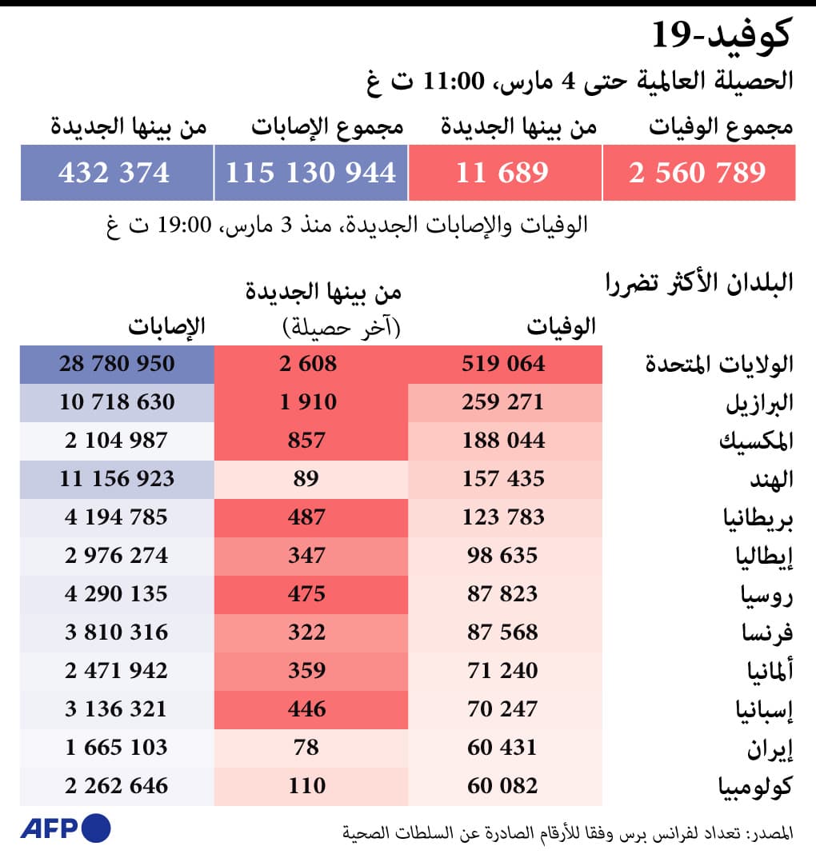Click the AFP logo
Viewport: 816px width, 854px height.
click(65, 828)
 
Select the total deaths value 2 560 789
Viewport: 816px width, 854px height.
click(698, 173)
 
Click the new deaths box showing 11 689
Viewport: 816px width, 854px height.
click(503, 173)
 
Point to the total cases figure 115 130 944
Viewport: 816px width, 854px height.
click(310, 173)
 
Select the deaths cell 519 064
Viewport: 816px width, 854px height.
click(503, 364)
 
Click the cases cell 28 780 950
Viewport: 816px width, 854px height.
click(117, 364)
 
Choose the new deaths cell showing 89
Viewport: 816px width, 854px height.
click(306, 479)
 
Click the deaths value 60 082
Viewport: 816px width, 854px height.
click(503, 786)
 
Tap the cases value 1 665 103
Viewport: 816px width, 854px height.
click(117, 748)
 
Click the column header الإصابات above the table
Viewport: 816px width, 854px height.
click(167, 325)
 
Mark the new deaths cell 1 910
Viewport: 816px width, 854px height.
click(308, 402)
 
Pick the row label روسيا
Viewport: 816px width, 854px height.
click(766, 594)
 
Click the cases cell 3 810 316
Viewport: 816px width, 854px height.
click(117, 633)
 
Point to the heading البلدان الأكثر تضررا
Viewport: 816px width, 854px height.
click(698, 284)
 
